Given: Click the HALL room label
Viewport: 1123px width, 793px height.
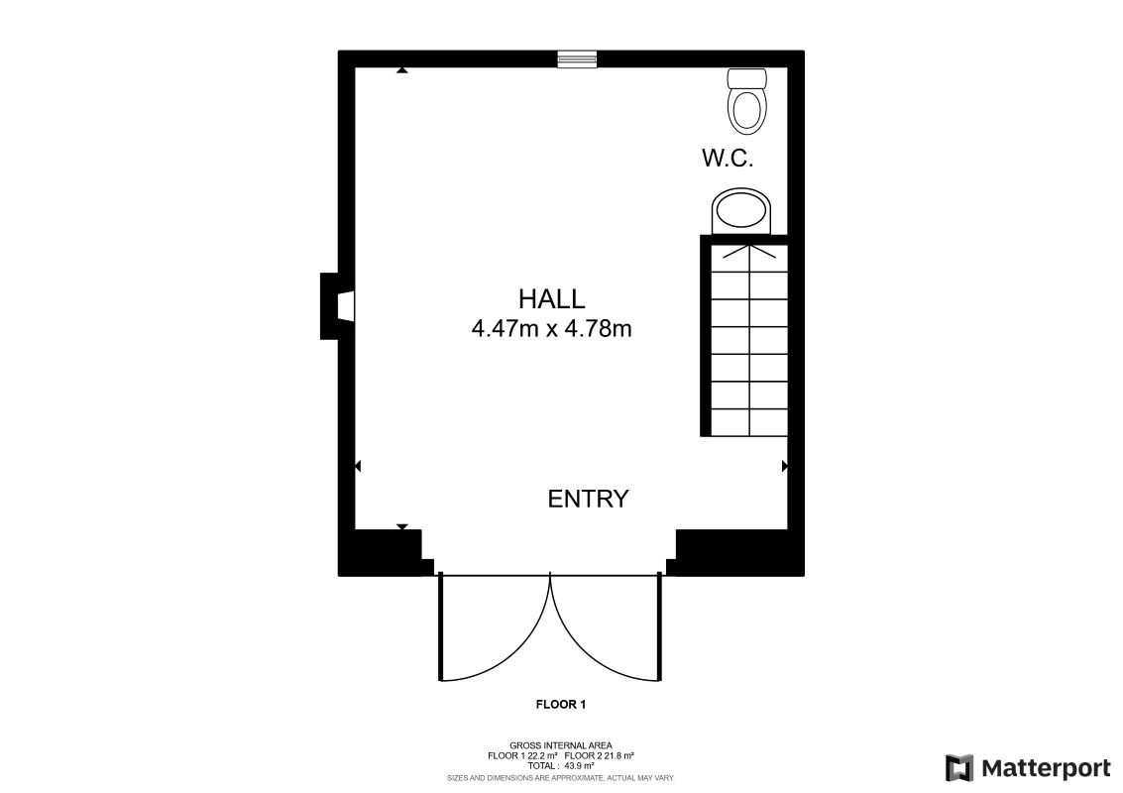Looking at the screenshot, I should click(x=551, y=298).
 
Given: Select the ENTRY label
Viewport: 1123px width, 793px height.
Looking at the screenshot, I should click(x=588, y=499).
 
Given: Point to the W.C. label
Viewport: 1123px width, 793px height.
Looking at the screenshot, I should click(x=728, y=158).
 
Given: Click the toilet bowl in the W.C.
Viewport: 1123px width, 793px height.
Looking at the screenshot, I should click(x=747, y=110).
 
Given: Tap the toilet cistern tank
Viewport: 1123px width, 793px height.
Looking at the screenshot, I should click(x=747, y=77).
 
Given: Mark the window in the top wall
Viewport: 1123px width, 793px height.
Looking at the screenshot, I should click(x=576, y=59).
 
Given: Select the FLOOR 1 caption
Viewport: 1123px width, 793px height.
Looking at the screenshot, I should click(x=561, y=705).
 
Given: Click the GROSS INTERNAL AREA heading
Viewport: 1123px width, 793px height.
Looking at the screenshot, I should click(x=561, y=745).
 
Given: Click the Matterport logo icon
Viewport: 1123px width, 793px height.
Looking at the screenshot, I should click(x=958, y=768).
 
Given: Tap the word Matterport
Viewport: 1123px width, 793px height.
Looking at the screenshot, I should click(x=1046, y=768).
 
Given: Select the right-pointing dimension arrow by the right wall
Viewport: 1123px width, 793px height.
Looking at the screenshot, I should click(x=785, y=466).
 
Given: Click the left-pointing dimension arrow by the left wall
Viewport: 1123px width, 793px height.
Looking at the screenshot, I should click(x=358, y=466).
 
